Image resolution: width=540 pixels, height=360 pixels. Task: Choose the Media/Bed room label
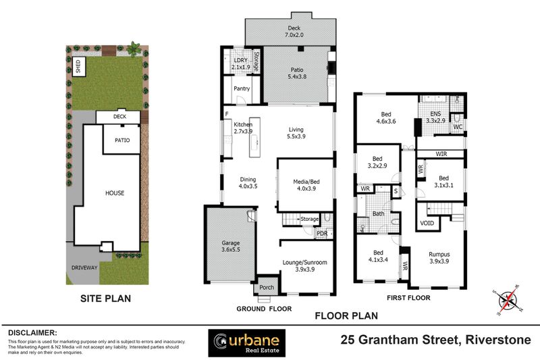tap(306, 184)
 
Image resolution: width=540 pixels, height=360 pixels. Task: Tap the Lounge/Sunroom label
tap(306, 265)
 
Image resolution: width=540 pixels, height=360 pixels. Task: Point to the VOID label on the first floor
tap(427, 222)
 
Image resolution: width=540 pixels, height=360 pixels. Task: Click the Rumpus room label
tap(439, 258)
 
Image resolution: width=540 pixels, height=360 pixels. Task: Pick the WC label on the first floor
tap(457, 126)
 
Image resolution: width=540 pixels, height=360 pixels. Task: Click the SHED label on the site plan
tap(78, 66)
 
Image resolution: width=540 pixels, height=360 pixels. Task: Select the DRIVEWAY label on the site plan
tap(84, 267)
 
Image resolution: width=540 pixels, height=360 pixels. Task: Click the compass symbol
tap(506, 299)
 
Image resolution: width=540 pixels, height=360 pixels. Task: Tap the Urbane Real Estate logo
tap(246, 342)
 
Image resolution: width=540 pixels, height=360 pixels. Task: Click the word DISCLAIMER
tap(32, 333)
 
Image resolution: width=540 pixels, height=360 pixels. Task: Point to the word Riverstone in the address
tap(496, 340)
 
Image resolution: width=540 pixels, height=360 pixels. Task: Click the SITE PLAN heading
tap(105, 298)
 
